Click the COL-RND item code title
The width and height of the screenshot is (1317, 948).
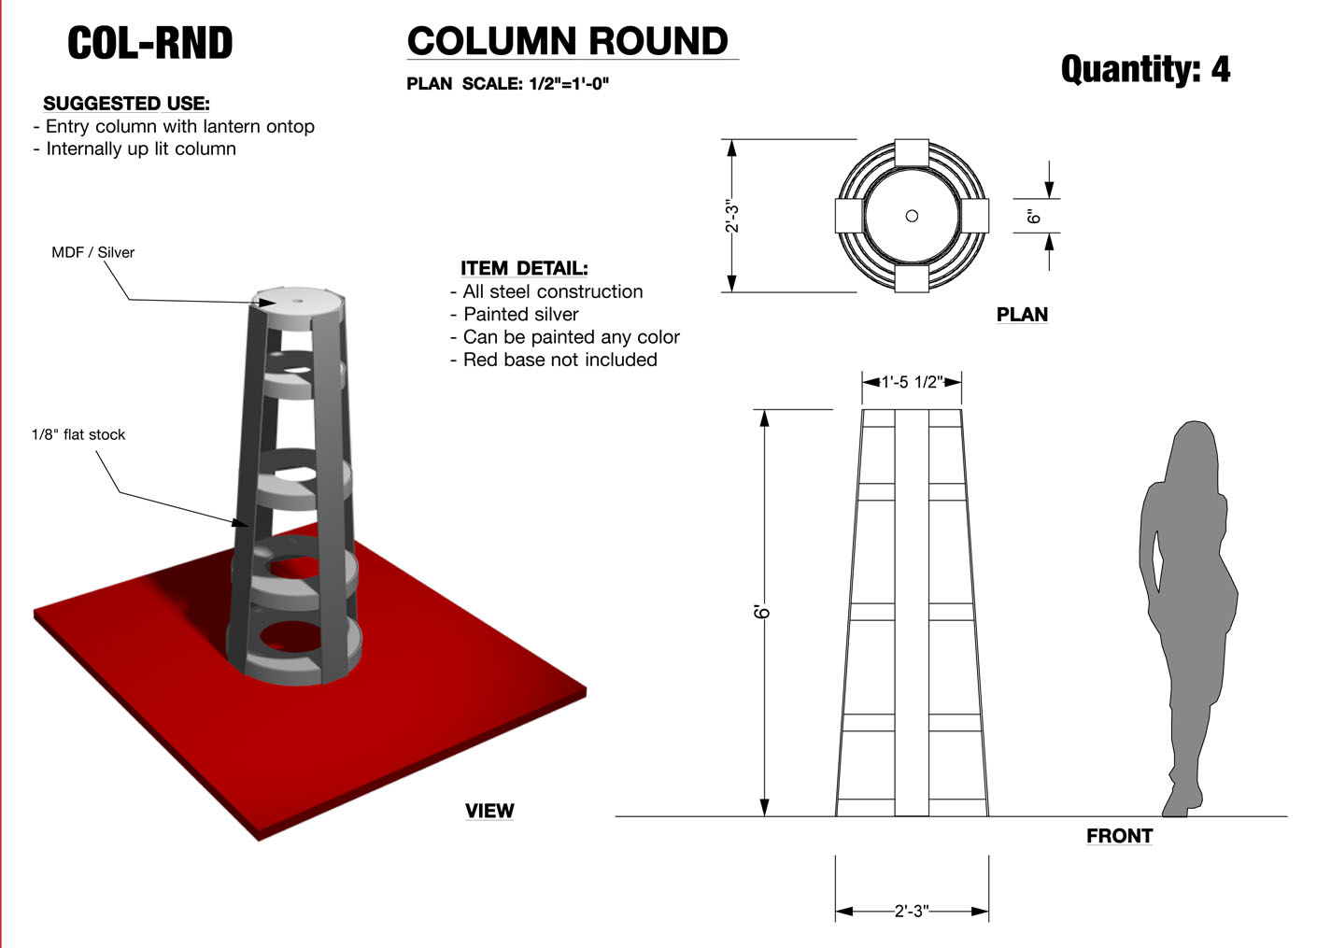coord(149,43)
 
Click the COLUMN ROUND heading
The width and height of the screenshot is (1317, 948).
coord(567,41)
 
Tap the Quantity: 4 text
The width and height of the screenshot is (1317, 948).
coord(1145,69)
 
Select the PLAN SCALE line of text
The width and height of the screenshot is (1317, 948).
coord(507,84)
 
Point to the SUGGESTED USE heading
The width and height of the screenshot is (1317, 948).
coord(126,104)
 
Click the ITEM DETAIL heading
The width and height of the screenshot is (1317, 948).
coord(524,269)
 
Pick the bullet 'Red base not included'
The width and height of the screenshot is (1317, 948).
coord(559,360)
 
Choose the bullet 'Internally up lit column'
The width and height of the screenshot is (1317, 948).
coord(140,149)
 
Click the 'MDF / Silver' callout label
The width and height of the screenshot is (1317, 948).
coord(92,253)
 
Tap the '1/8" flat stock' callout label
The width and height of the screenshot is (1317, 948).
coord(78,435)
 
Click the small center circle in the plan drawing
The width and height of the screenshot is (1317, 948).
coord(912,216)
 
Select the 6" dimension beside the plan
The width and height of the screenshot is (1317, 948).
coord(1033,216)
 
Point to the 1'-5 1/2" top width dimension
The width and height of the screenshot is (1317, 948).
coord(912,382)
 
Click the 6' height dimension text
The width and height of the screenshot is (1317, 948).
coord(762,612)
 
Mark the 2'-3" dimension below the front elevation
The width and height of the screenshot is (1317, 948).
coord(912,911)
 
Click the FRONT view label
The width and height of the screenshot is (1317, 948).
coord(1119,836)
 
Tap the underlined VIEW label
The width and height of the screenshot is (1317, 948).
coord(489,811)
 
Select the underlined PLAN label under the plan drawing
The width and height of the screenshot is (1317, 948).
coord(1022,315)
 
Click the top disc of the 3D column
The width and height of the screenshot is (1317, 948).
coord(299,304)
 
